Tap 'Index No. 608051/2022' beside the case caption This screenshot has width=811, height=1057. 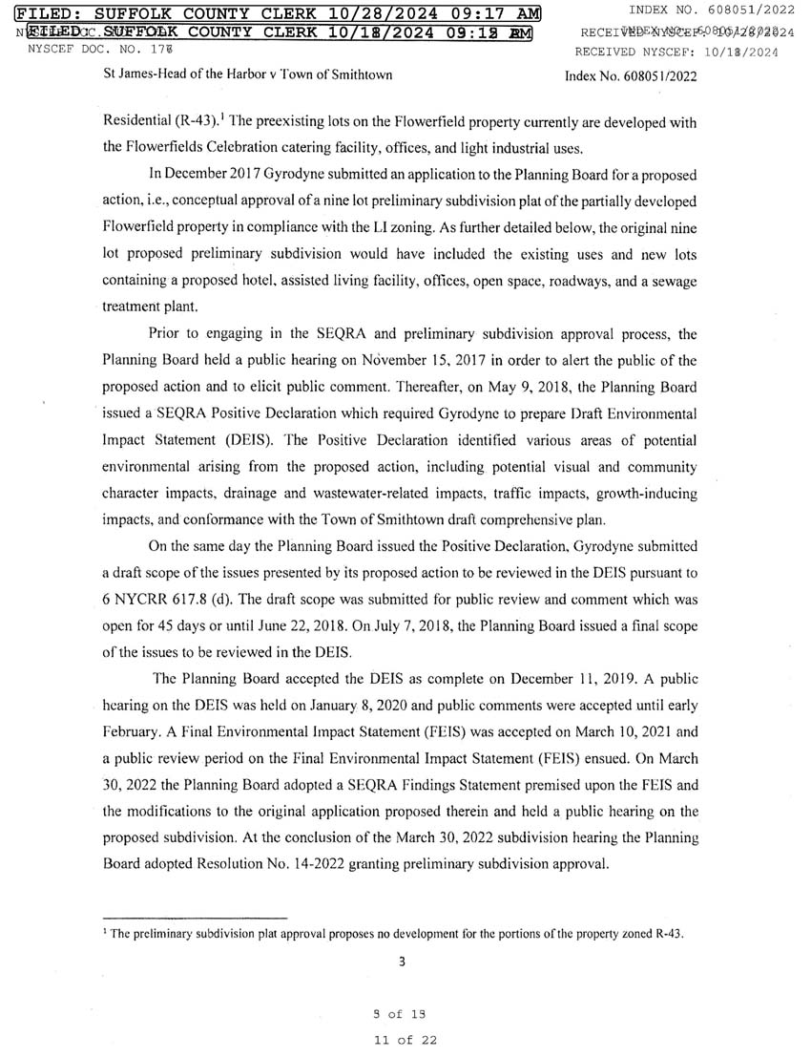(631, 74)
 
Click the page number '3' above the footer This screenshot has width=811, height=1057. (403, 961)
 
